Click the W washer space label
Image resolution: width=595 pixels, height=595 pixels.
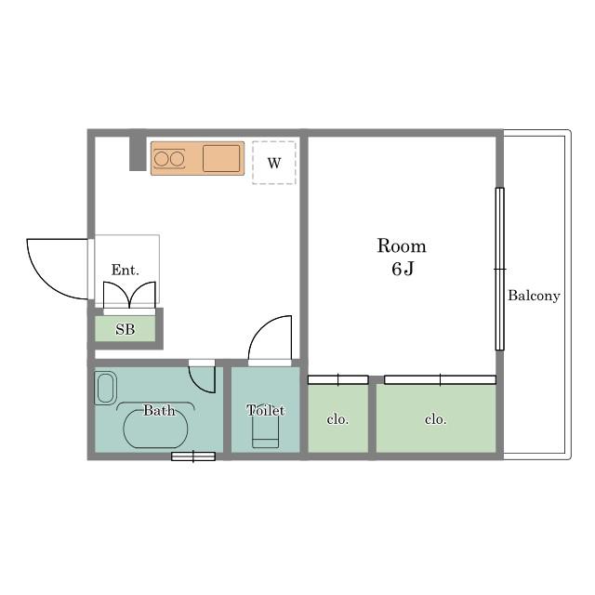tap(274, 164)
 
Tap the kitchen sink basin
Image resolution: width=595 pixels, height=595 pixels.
tap(221, 158)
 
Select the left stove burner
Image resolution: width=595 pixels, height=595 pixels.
tap(161, 159)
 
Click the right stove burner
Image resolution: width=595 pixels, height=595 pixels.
tap(177, 159)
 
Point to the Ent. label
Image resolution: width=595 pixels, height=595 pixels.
tap(126, 270)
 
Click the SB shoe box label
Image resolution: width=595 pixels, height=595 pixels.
tap(126, 329)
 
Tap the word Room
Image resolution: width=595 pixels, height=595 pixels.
tap(402, 245)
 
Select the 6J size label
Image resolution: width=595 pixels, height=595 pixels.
tap(403, 269)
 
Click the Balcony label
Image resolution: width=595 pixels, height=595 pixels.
tap(534, 296)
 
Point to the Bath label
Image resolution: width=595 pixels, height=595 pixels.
tap(159, 410)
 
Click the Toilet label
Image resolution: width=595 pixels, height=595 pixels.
tap(265, 410)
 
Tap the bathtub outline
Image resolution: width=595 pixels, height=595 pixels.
tap(155, 429)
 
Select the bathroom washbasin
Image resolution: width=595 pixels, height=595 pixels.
tap(105, 388)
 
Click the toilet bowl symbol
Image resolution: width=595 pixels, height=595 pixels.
tap(266, 430)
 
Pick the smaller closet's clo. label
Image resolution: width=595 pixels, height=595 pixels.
tap(337, 419)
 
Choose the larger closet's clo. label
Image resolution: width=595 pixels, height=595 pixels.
tap(436, 419)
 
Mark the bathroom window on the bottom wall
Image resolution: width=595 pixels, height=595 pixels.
tap(193, 456)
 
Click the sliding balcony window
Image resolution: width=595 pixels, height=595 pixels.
tap(500, 269)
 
